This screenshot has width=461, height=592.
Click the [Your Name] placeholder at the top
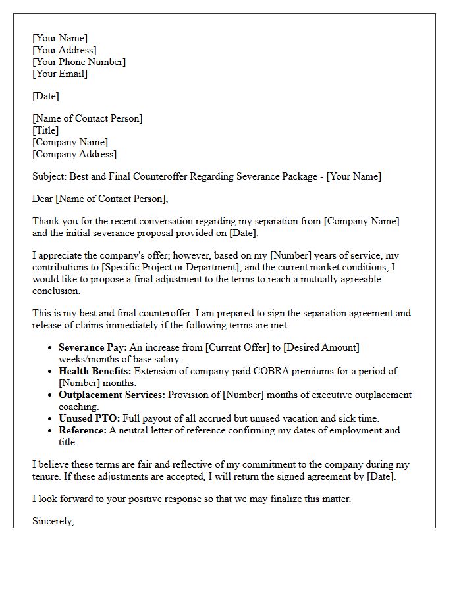(60, 38)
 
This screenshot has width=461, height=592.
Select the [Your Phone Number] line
(79, 62)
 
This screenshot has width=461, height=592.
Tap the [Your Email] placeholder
(60, 74)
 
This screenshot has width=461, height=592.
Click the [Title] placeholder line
(45, 130)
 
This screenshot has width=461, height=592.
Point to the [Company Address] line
(74, 154)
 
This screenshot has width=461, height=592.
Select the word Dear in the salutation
(43, 199)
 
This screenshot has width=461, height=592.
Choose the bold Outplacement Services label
(112, 395)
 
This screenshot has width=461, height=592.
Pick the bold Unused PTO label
(89, 418)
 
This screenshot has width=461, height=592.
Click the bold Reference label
(82, 430)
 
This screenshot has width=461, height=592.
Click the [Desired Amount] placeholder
(321, 347)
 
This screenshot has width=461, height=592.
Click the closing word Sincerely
(53, 521)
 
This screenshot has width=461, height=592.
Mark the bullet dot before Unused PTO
(51, 419)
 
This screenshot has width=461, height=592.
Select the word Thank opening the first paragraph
(45, 221)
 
